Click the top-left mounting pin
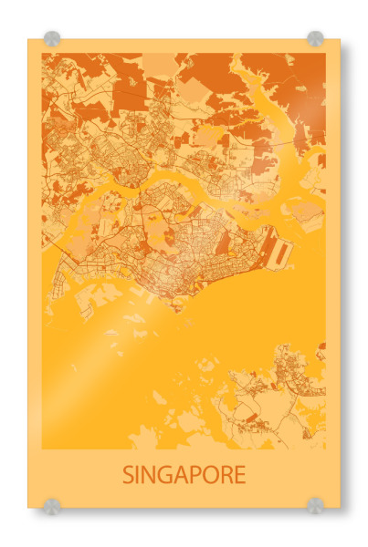point(52,39)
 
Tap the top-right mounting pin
point(315,38)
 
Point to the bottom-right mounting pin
point(315,505)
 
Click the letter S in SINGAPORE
point(128,475)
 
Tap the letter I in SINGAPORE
point(139,475)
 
